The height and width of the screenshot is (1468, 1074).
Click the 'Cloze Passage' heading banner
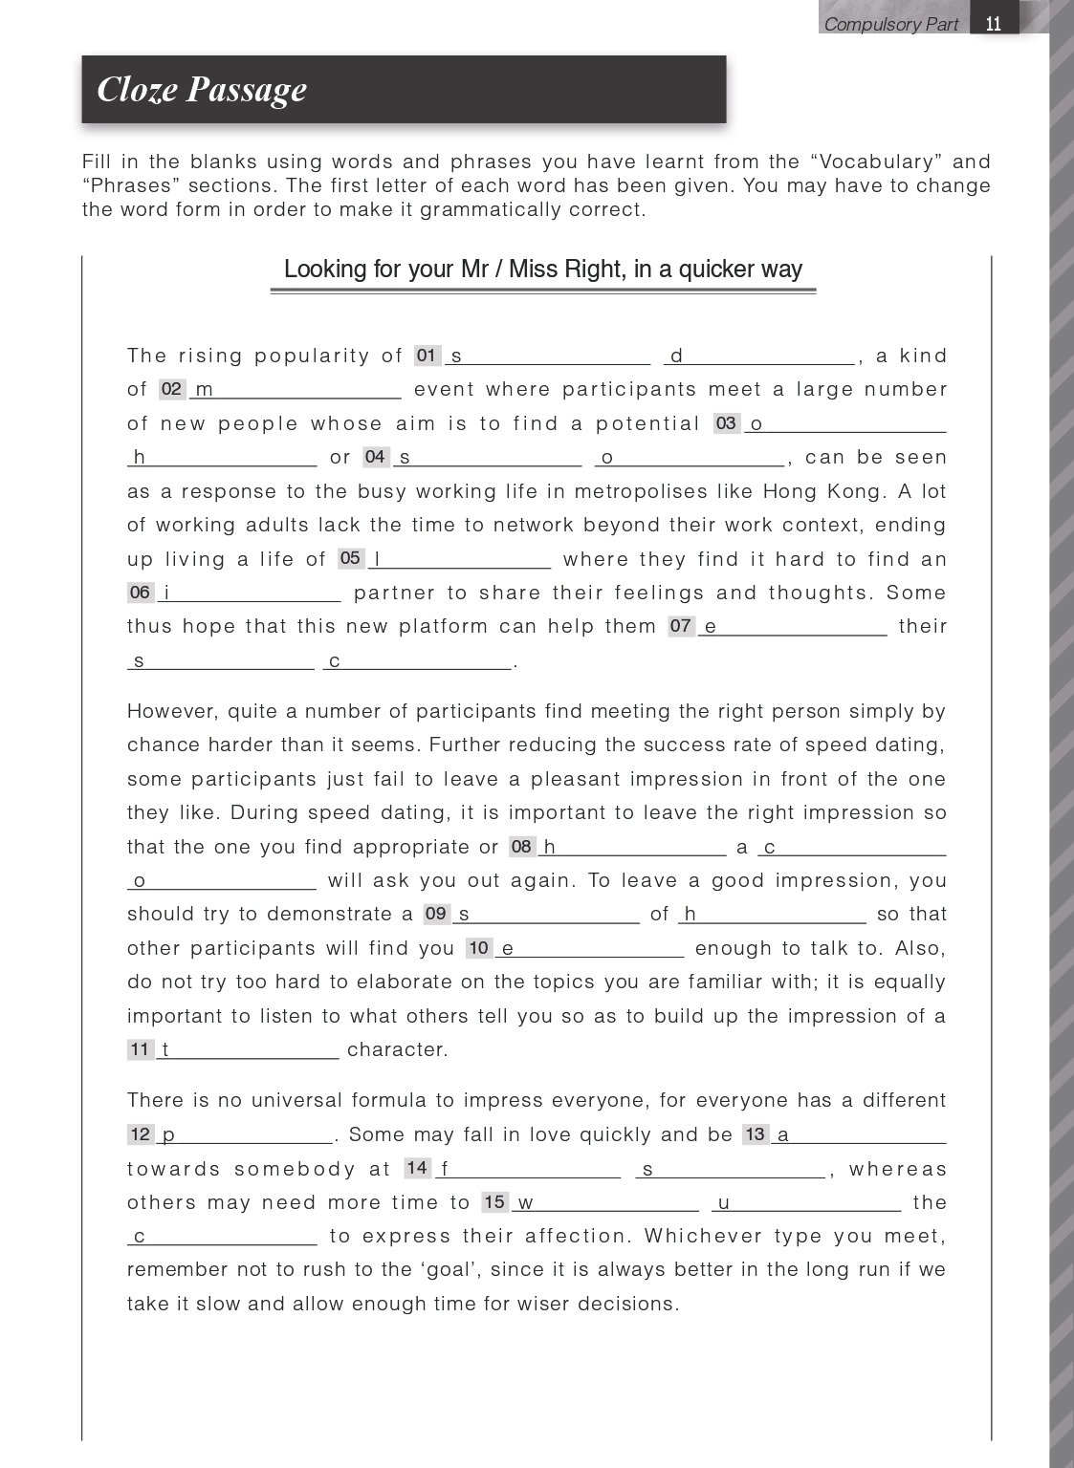(404, 89)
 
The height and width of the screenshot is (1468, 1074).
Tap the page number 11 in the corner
(994, 24)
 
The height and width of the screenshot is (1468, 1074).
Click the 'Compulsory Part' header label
(890, 24)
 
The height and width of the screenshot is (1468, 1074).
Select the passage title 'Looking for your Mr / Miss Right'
(542, 270)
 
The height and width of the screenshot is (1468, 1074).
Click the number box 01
(427, 356)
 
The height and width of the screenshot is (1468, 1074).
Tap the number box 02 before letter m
(172, 389)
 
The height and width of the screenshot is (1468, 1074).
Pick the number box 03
(727, 423)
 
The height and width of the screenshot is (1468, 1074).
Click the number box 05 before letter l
(351, 558)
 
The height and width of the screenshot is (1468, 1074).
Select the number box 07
(681, 626)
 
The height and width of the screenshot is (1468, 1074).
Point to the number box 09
(436, 914)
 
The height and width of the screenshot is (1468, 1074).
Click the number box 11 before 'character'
(141, 1049)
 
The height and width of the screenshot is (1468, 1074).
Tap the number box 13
(756, 1134)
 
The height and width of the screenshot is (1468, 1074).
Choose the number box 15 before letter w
(494, 1202)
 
